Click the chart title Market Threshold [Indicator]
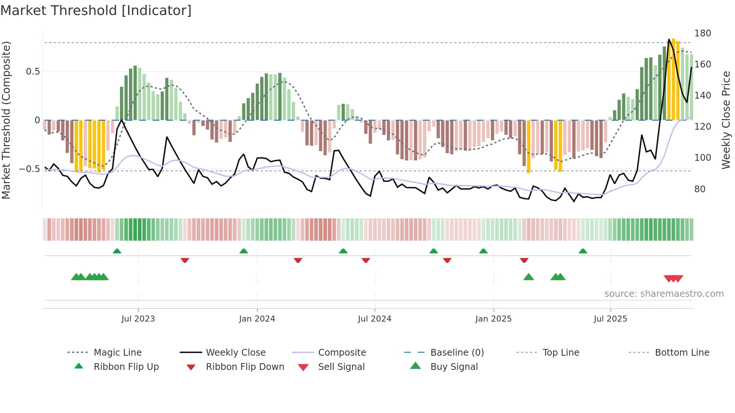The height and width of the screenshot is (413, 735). [x=96, y=10]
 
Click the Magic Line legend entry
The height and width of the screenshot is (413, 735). [x=117, y=353]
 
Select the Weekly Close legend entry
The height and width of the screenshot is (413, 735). [x=235, y=353]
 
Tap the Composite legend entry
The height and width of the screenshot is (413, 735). [x=342, y=353]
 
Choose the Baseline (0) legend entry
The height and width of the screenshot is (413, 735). [x=457, y=353]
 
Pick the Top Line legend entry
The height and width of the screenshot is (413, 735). [x=561, y=353]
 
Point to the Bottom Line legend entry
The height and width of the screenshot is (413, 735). [x=682, y=353]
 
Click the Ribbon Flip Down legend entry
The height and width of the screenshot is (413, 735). [x=245, y=367]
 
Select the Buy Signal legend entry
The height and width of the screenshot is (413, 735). [x=454, y=367]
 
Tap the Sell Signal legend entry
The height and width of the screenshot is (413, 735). [x=341, y=367]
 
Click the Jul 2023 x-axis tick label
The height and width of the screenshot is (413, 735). [x=138, y=319]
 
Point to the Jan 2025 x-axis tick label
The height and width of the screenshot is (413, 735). [x=493, y=319]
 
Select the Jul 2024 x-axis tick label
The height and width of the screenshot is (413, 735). [x=374, y=319]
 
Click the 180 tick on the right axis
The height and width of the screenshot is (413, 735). [x=702, y=33]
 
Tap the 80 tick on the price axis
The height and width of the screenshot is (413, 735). [x=700, y=189]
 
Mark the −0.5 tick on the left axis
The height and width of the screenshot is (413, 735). [x=29, y=169]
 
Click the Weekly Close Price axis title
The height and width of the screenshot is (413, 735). [x=726, y=120]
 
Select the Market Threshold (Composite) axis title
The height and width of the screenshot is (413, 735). [x=6, y=120]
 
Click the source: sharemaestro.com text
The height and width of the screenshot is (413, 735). [x=664, y=294]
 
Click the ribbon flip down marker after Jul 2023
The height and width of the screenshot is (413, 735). [x=185, y=260]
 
